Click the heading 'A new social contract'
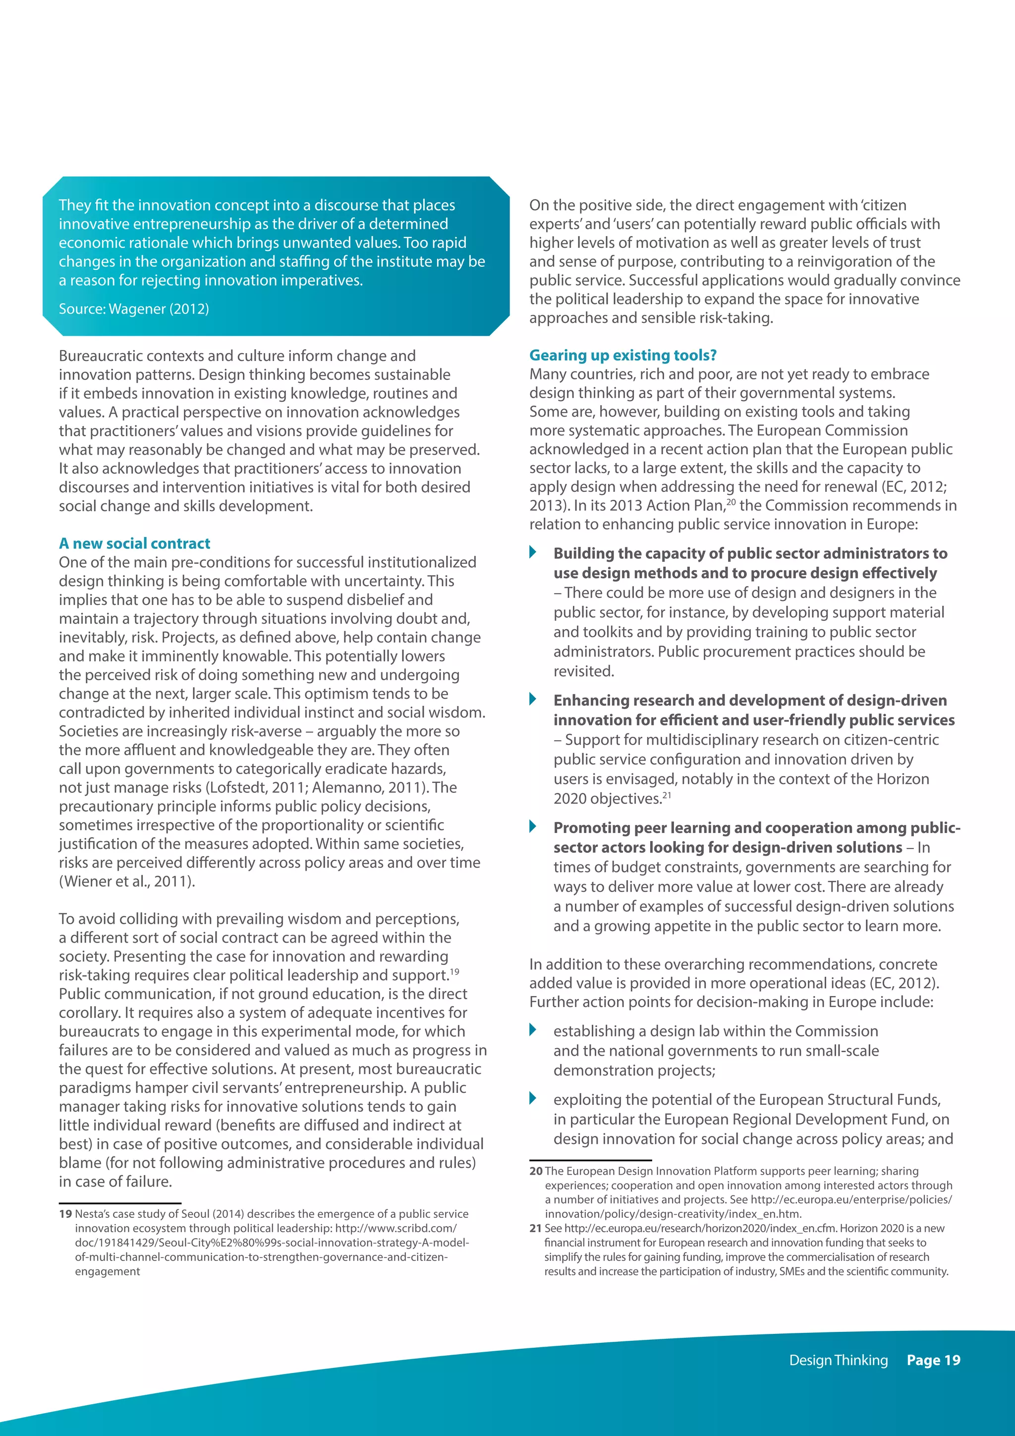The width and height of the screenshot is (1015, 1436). coord(134,543)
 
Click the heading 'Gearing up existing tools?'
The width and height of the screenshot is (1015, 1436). coord(622,355)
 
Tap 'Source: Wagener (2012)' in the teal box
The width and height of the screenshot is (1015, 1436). coord(134,308)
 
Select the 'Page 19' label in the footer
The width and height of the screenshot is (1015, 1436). coord(933,1360)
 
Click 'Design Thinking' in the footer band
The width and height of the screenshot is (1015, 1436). coord(838,1360)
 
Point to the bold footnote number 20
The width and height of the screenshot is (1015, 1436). coord(536,1171)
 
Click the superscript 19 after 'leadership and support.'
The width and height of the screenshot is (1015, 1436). coord(454,971)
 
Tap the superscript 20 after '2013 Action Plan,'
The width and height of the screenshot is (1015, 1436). coord(731,502)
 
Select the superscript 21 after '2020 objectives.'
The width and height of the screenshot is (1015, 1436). coord(667,795)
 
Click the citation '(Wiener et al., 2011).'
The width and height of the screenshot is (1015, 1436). coord(127,881)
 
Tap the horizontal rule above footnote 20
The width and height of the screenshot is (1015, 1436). coord(590,1160)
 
